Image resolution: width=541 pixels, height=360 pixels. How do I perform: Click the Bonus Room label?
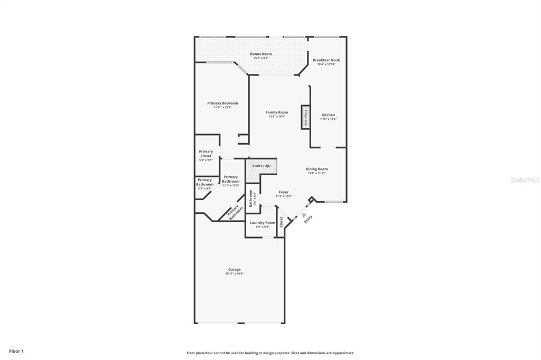[261, 54]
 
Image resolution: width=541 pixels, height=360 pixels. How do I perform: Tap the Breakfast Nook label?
[326, 60]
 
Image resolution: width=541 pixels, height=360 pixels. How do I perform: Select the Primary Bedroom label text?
[222, 103]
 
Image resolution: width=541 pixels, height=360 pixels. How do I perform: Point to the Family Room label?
[277, 112]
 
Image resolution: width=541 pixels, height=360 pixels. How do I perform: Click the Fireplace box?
[305, 117]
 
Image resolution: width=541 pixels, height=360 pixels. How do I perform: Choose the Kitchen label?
[328, 115]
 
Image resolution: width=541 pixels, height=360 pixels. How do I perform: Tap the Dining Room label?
[317, 169]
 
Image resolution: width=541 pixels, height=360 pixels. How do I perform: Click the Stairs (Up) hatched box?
[262, 166]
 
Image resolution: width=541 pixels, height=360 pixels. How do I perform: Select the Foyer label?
[284, 192]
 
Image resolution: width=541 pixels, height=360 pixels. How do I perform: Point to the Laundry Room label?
[263, 223]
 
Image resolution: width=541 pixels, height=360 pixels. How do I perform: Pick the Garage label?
[235, 269]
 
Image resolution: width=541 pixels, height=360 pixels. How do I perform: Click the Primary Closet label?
[206, 154]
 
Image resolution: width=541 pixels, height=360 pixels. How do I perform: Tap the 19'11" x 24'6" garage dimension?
[235, 274]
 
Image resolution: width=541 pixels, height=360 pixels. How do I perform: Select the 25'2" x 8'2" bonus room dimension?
[261, 58]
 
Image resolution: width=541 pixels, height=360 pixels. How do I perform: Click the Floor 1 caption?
[16, 351]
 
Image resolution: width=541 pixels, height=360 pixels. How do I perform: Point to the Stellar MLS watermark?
[525, 180]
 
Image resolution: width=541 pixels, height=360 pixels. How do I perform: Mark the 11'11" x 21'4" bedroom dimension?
[222, 107]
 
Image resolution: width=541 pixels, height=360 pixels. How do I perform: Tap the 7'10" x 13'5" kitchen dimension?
[328, 119]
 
